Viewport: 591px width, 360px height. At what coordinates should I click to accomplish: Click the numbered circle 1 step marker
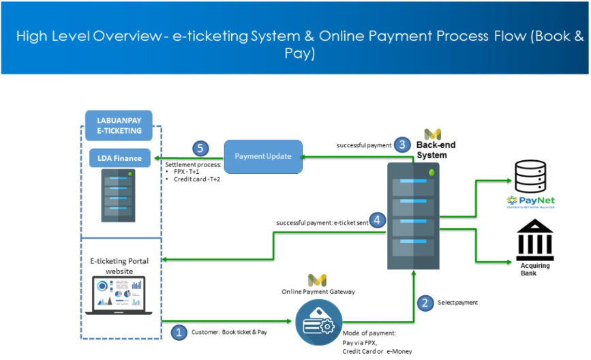(x=179, y=332)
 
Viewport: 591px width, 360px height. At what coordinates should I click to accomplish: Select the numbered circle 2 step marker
(x=425, y=303)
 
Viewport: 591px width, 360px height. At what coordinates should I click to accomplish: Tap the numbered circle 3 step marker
(x=403, y=145)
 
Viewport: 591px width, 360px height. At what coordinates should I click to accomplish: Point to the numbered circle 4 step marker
(x=378, y=220)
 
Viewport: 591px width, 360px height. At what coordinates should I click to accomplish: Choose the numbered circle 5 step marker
(x=200, y=148)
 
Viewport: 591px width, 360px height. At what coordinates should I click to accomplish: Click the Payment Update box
(x=263, y=156)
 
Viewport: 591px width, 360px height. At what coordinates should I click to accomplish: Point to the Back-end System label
(x=436, y=150)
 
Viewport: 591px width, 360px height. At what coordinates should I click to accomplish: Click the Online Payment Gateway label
(x=317, y=291)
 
